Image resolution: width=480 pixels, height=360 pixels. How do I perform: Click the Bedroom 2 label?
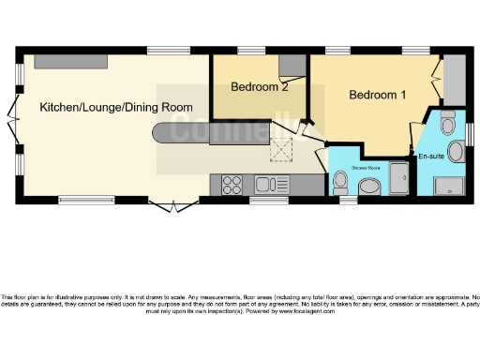259,87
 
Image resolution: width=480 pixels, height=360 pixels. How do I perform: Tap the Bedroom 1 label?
378,95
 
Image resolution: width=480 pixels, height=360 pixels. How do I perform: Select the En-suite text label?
431,155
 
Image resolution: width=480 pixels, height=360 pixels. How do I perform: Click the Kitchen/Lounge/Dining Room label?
109,108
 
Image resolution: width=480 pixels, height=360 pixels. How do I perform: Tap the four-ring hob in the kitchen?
232,185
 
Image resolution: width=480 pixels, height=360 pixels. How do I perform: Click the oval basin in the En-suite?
457,152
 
